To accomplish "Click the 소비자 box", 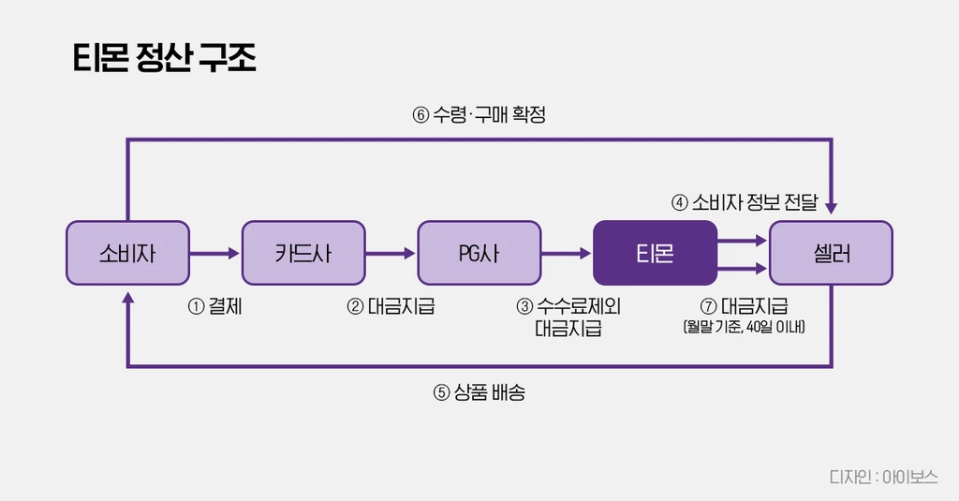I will point(127,253).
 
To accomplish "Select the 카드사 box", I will point(303,253).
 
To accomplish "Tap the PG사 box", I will point(479,253).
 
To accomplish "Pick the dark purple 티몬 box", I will point(655,253).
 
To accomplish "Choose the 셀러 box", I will point(831,253).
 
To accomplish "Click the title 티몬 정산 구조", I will point(165,58).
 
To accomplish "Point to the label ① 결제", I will point(215,306).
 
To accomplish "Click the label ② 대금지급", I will point(391,306).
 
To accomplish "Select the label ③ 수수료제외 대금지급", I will point(568,317).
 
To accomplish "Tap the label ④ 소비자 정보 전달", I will point(745,202).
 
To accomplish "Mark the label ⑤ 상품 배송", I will point(479,392).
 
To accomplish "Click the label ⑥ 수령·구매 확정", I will point(479,115).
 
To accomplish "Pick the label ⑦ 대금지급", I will point(745,306).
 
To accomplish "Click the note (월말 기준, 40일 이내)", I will point(745,328).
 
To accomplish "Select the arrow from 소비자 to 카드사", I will point(215,253).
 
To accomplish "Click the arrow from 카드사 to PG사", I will point(391,253).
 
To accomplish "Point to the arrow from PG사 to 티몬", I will point(567,253).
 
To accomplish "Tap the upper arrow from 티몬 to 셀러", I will point(743,240).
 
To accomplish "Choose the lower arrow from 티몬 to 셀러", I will point(743,269).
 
